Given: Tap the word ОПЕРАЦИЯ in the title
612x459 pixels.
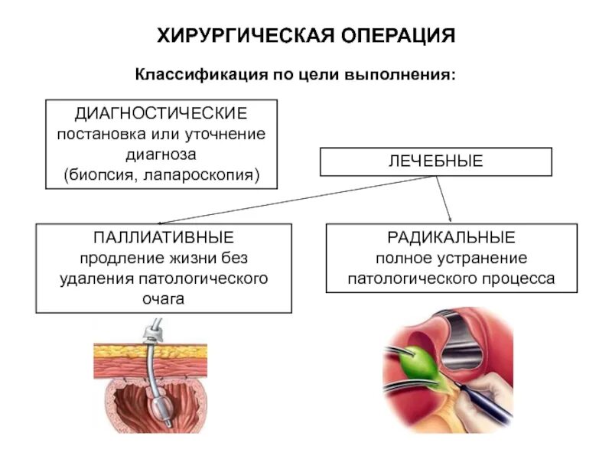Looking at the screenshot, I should tap(396, 35).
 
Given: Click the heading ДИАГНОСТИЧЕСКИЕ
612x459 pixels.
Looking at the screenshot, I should tap(161, 113).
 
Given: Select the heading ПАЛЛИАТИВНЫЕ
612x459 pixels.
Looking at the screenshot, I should tap(164, 236).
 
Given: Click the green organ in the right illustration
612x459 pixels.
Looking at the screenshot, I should tap(422, 357).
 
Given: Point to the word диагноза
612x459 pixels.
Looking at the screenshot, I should tap(161, 155).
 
